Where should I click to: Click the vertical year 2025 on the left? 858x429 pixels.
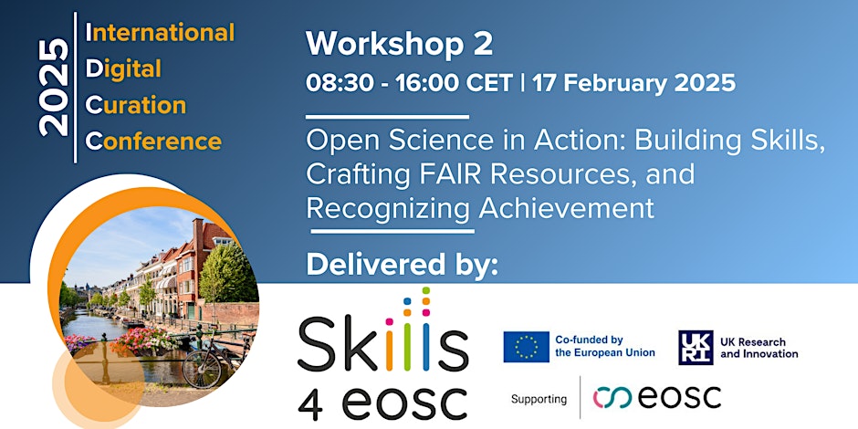point(54,89)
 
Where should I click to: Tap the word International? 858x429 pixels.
point(161,32)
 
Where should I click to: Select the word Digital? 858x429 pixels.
point(123,70)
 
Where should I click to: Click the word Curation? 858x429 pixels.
point(136,105)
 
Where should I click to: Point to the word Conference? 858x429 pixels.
point(153,141)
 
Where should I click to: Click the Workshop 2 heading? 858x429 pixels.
point(400,44)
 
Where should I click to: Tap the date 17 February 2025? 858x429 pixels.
point(633,83)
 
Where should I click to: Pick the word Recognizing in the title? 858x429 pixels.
point(388,209)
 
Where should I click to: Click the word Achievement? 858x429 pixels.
point(566,208)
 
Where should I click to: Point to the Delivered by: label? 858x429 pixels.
point(403,265)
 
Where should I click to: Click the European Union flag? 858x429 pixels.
point(527,347)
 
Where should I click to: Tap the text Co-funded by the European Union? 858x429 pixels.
point(604,346)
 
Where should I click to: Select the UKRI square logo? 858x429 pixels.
point(696,348)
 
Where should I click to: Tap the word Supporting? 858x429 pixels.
point(539,400)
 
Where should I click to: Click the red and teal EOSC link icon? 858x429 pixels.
point(612,398)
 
